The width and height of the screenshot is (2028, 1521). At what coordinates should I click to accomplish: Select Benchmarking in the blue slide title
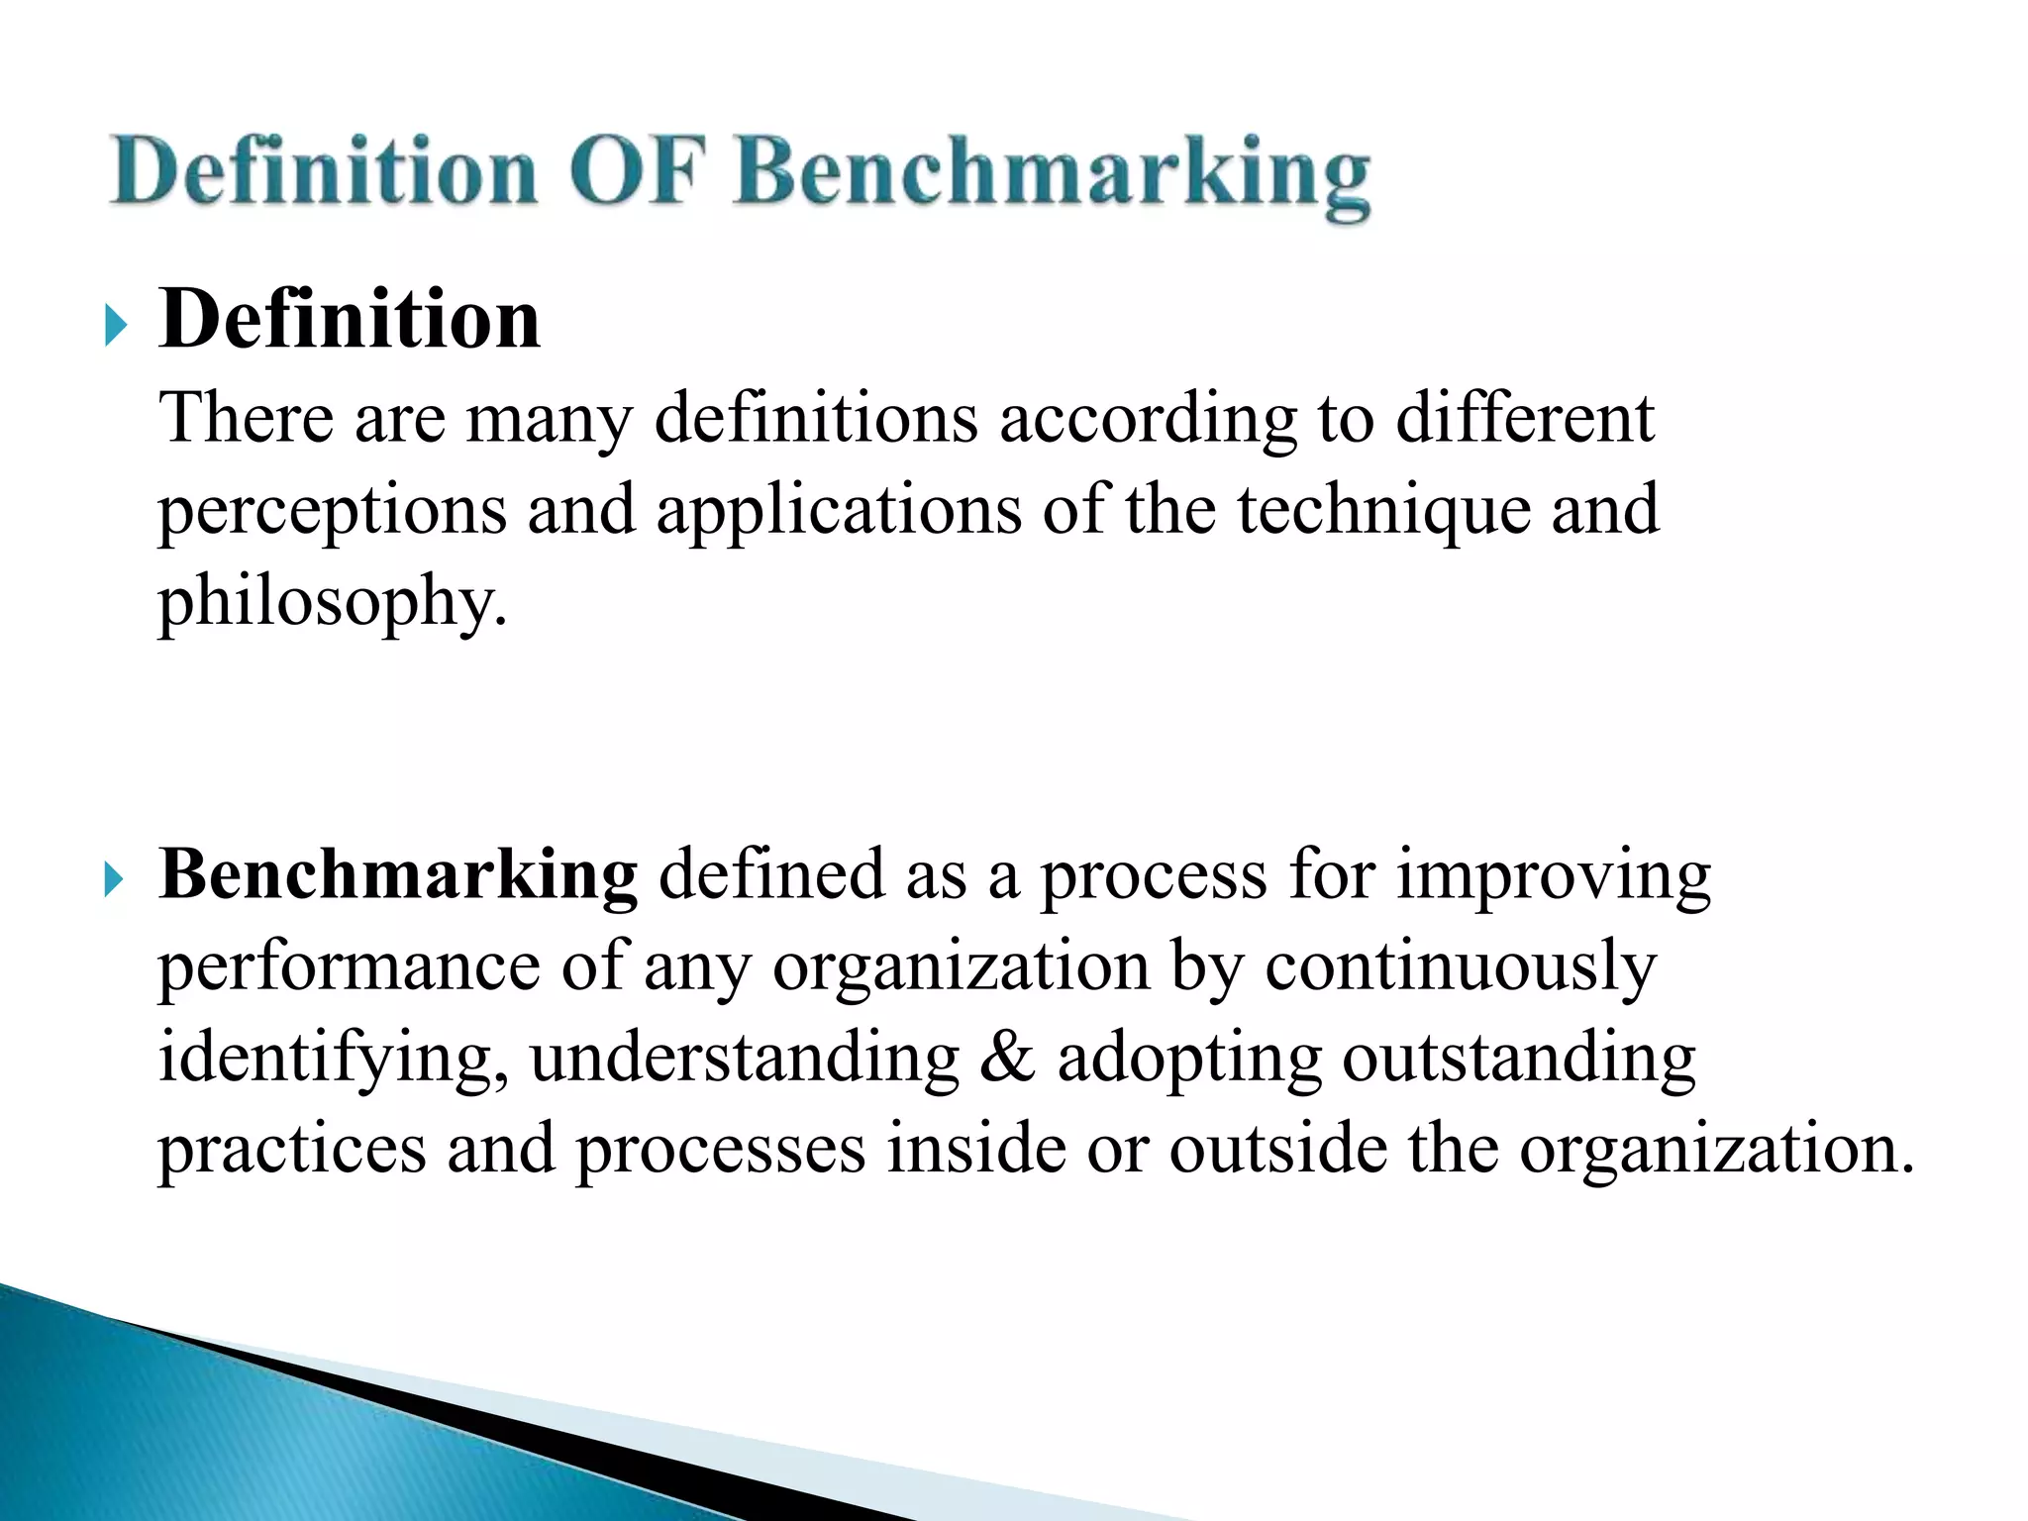(x=1053, y=176)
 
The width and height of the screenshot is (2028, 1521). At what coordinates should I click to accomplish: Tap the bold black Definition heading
(x=350, y=319)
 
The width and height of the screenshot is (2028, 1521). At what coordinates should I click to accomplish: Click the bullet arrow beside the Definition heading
(x=116, y=326)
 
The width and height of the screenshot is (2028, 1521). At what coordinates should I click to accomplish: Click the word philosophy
(x=333, y=603)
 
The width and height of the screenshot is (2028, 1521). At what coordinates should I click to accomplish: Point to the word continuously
(x=1460, y=966)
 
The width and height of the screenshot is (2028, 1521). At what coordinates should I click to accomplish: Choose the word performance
(x=349, y=966)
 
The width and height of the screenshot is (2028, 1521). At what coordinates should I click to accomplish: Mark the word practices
(x=292, y=1150)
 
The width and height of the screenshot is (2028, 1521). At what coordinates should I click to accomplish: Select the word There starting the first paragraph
(x=246, y=419)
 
